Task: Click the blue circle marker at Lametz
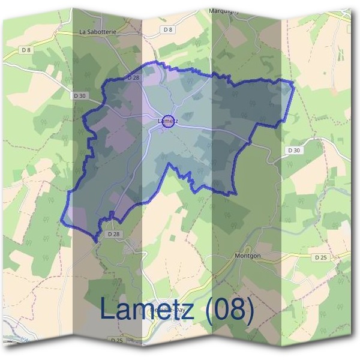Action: pyautogui.click(x=169, y=121)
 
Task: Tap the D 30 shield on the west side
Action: pyautogui.click(x=79, y=95)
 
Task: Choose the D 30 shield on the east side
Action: pyautogui.click(x=293, y=150)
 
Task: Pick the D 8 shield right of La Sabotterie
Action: pyautogui.click(x=167, y=29)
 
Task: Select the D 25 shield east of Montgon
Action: pyautogui.click(x=321, y=257)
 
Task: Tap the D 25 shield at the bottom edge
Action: pyautogui.click(x=115, y=340)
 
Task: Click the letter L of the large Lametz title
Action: pyautogui.click(x=108, y=309)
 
